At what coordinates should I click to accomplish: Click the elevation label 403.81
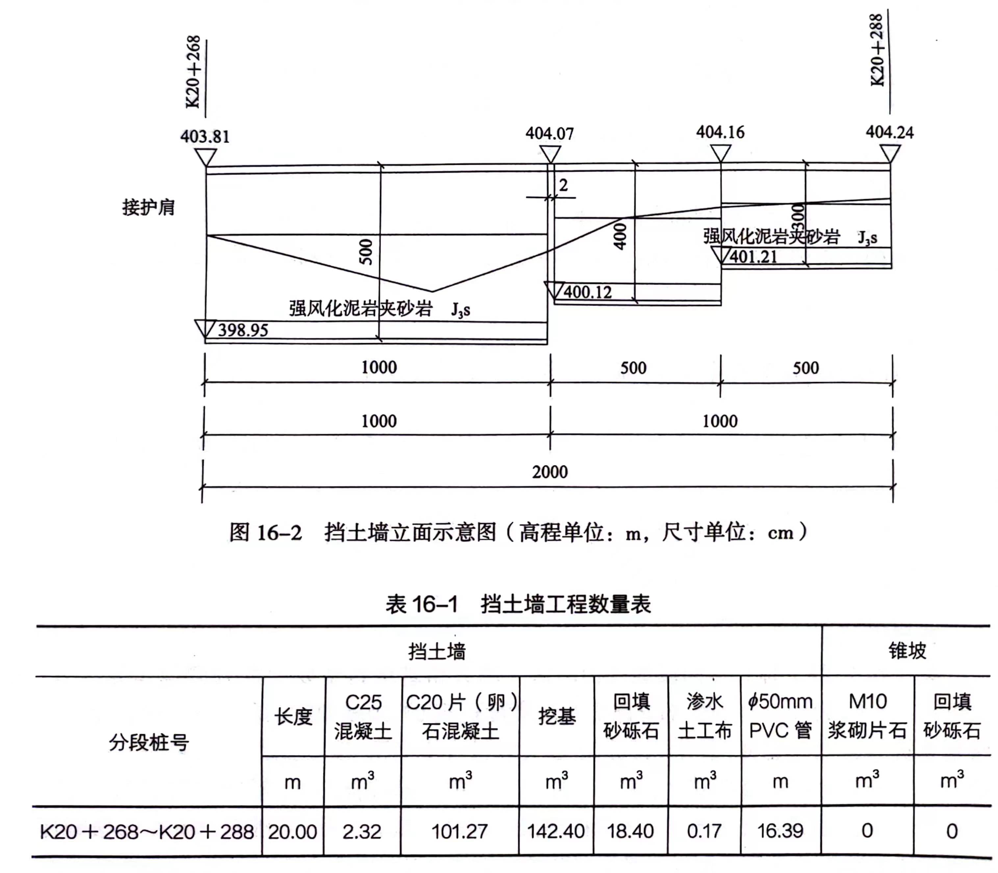(x=205, y=137)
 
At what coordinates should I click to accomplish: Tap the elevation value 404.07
(x=550, y=134)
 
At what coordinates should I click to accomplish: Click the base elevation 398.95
(x=243, y=330)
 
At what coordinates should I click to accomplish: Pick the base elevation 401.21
(x=754, y=257)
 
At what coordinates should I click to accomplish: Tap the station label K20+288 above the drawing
(x=877, y=50)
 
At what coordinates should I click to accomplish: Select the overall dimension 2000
(x=550, y=472)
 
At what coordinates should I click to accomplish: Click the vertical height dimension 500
(x=366, y=252)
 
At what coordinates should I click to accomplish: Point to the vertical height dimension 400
(x=620, y=237)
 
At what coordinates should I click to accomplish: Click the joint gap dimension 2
(x=563, y=185)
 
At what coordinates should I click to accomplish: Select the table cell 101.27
(x=460, y=831)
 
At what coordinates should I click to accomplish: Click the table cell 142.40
(x=556, y=831)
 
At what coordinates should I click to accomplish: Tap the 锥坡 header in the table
(x=907, y=650)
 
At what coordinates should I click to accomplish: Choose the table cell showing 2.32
(x=362, y=831)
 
